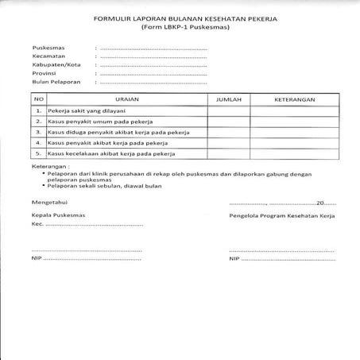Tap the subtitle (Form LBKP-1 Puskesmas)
[x=179, y=26]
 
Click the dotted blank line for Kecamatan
[x=151, y=56]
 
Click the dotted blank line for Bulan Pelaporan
[x=151, y=81]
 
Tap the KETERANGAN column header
[x=295, y=99]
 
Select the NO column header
[x=37, y=99]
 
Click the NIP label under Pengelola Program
[x=234, y=258]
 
